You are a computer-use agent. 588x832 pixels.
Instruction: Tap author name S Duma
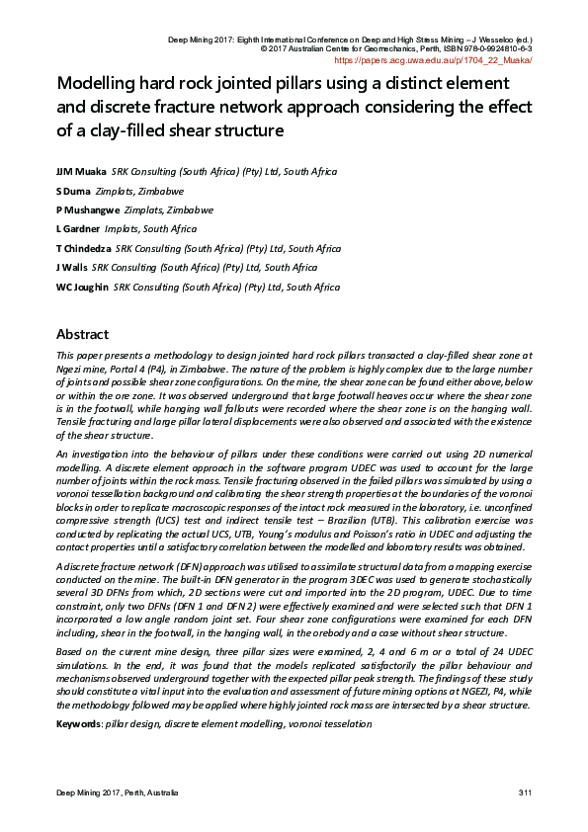73,191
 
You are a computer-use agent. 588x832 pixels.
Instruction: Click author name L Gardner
77,228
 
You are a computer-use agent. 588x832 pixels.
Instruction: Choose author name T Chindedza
84,248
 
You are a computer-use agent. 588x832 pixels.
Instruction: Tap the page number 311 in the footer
525,794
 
